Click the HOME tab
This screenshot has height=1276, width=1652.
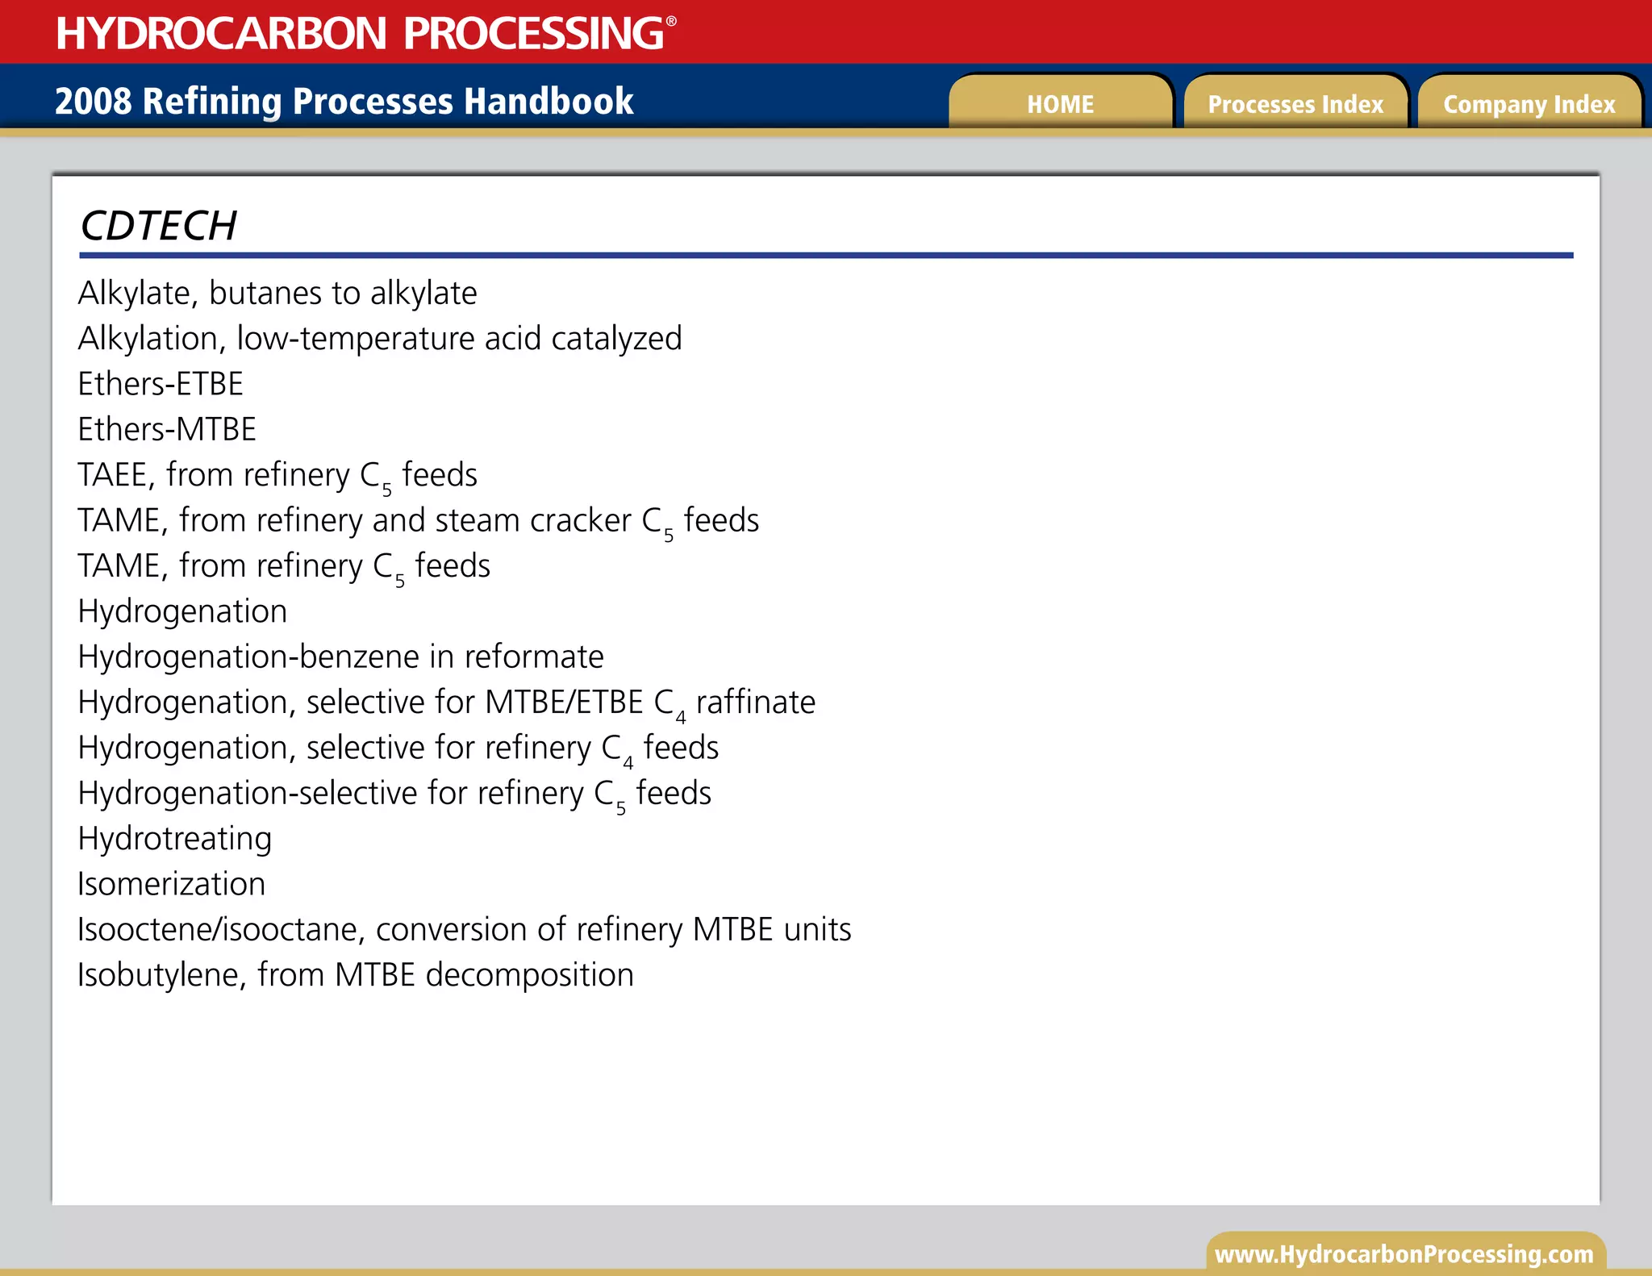coord(1060,104)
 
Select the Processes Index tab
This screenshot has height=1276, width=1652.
coord(1295,104)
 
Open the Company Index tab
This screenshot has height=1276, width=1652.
coord(1529,104)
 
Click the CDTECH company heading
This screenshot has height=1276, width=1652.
coord(159,226)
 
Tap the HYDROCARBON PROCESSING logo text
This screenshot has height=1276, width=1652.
coord(360,33)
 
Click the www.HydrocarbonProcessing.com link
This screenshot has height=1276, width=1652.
coord(1404,1254)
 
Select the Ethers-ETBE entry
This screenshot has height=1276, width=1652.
coord(161,384)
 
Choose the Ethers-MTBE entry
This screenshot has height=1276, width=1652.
coord(167,429)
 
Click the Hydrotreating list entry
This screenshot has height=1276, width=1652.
coord(175,839)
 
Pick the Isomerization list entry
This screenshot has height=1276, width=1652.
coord(172,884)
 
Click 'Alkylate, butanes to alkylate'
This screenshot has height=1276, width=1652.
coord(277,294)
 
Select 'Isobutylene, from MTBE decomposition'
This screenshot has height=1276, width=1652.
coord(356,975)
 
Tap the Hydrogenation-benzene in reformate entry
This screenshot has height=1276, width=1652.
coord(340,657)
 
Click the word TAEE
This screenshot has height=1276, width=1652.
coord(113,475)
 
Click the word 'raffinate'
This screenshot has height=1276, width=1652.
coord(756,703)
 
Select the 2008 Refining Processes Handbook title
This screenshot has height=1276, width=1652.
coord(344,102)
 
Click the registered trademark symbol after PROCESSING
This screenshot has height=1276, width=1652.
coord(671,21)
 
